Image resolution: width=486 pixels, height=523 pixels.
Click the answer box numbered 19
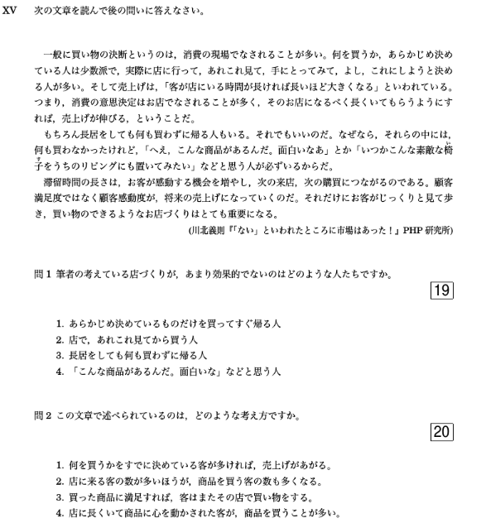[441, 290]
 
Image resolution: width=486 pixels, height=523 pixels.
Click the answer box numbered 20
[441, 431]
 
